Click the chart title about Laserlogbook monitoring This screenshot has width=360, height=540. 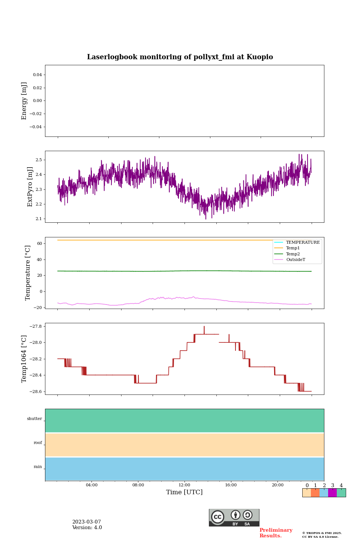pos(180,57)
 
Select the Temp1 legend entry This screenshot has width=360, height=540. pos(292,248)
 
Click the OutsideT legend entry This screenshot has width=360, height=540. pos(295,260)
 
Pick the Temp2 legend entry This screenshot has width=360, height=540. pos(292,254)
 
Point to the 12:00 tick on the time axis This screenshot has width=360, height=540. pos(184,485)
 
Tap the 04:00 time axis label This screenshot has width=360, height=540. pos(91,485)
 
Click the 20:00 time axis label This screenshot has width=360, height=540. pos(277,485)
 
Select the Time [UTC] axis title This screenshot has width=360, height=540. pos(184,492)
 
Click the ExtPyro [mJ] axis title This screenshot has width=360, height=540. pos(30,187)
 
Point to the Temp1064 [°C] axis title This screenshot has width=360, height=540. pos(24,359)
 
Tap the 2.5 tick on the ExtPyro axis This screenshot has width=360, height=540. pos(39,160)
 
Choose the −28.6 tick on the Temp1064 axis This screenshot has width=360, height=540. pos(34,391)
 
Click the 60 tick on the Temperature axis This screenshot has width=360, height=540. pos(39,243)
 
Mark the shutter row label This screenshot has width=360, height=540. pos(34,419)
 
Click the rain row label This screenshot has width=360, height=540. pos(38,467)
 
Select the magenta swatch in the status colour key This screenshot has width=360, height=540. pos(332,493)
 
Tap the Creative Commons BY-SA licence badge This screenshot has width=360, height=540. pos(234,517)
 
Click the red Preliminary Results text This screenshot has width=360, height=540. pos(276,533)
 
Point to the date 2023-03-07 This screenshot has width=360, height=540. pos(87,522)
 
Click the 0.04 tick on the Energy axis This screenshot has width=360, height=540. pos(37,75)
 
